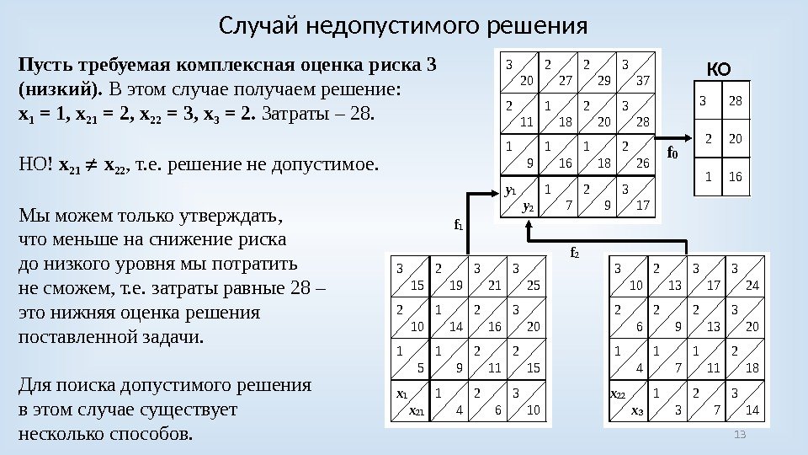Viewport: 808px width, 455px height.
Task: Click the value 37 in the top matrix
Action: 643,81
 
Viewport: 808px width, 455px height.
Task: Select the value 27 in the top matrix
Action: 566,81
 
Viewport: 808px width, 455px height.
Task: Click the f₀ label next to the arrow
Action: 672,153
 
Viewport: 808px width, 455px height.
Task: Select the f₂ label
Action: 575,252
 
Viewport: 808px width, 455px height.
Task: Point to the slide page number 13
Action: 741,434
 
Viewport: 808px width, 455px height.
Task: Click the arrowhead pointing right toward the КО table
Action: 687,136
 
